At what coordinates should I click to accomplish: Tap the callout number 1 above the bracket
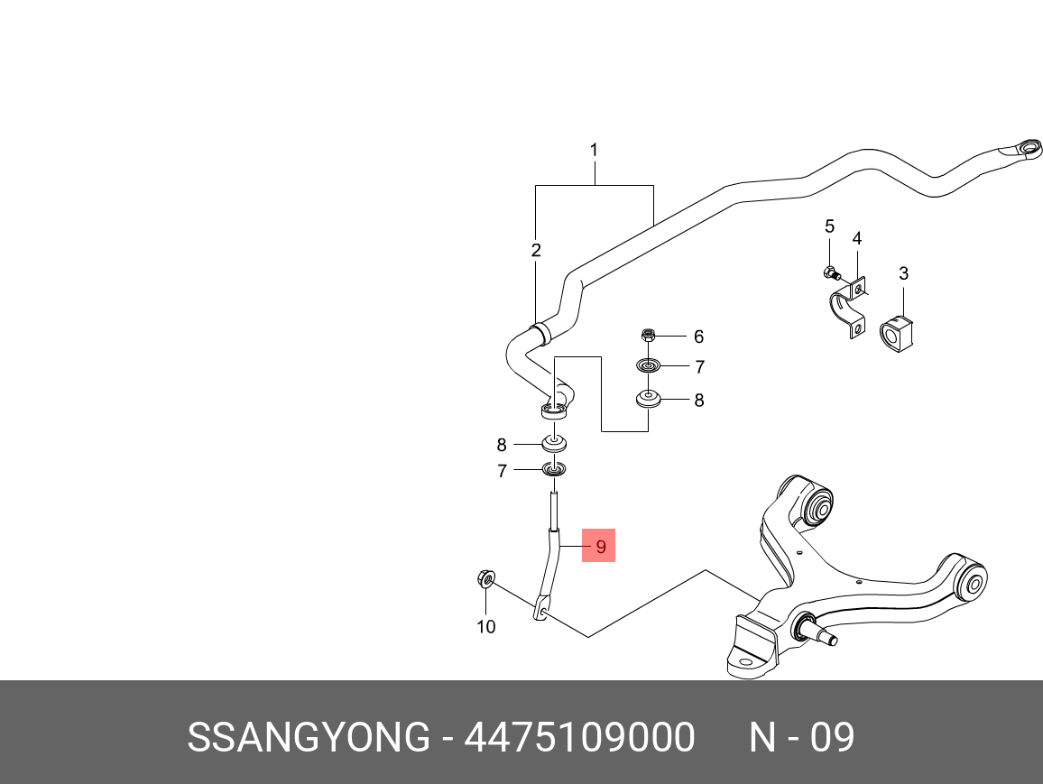point(594,151)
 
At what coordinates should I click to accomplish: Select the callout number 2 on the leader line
point(536,250)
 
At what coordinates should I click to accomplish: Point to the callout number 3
point(903,273)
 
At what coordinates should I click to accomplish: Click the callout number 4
point(857,238)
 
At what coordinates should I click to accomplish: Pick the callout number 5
point(829,226)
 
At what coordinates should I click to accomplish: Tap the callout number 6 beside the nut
point(698,337)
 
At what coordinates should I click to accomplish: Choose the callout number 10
point(486,626)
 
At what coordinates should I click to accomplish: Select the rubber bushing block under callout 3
point(896,334)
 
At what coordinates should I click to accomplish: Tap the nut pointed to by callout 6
point(649,334)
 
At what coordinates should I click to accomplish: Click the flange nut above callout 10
point(485,578)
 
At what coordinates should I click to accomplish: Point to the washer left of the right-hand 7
point(648,365)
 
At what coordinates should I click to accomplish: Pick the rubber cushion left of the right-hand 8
point(648,399)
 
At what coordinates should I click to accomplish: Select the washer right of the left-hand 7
point(553,469)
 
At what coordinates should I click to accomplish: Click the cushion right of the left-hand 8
point(553,443)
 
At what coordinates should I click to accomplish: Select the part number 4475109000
point(579,737)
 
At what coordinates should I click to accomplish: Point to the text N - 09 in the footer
point(801,737)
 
